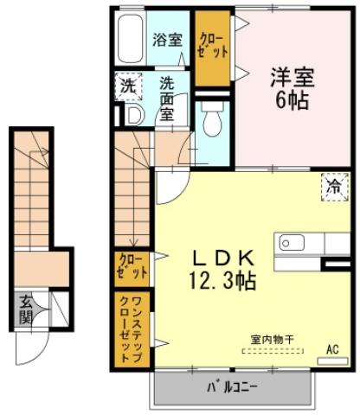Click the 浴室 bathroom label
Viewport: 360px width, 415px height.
(168, 39)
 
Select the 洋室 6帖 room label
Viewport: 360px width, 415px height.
(288, 85)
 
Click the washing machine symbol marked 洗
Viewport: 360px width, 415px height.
(127, 86)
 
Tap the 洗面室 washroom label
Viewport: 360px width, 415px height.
(170, 97)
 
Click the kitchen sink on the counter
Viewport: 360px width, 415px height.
(288, 241)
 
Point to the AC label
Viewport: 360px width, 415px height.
(331, 350)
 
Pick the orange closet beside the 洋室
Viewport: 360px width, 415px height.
(211, 48)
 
